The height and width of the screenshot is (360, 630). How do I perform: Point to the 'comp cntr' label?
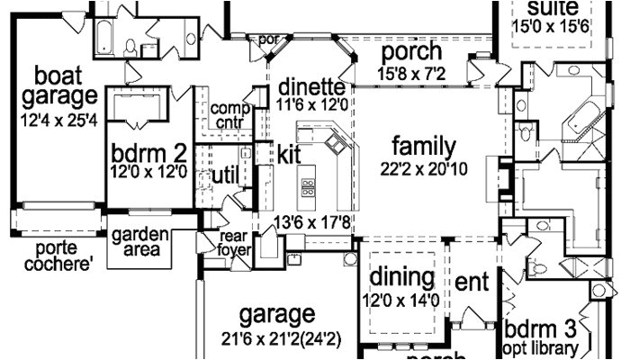(230, 115)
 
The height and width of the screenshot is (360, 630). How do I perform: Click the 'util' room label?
(224, 174)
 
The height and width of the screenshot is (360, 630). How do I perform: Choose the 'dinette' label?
(311, 87)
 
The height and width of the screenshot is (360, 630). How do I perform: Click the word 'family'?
(424, 146)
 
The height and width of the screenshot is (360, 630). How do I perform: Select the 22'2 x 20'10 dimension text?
(424, 168)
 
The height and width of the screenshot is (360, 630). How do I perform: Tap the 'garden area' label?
(139, 242)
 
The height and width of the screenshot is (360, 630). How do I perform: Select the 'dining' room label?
(402, 276)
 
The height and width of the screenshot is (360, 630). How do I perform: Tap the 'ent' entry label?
(472, 282)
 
